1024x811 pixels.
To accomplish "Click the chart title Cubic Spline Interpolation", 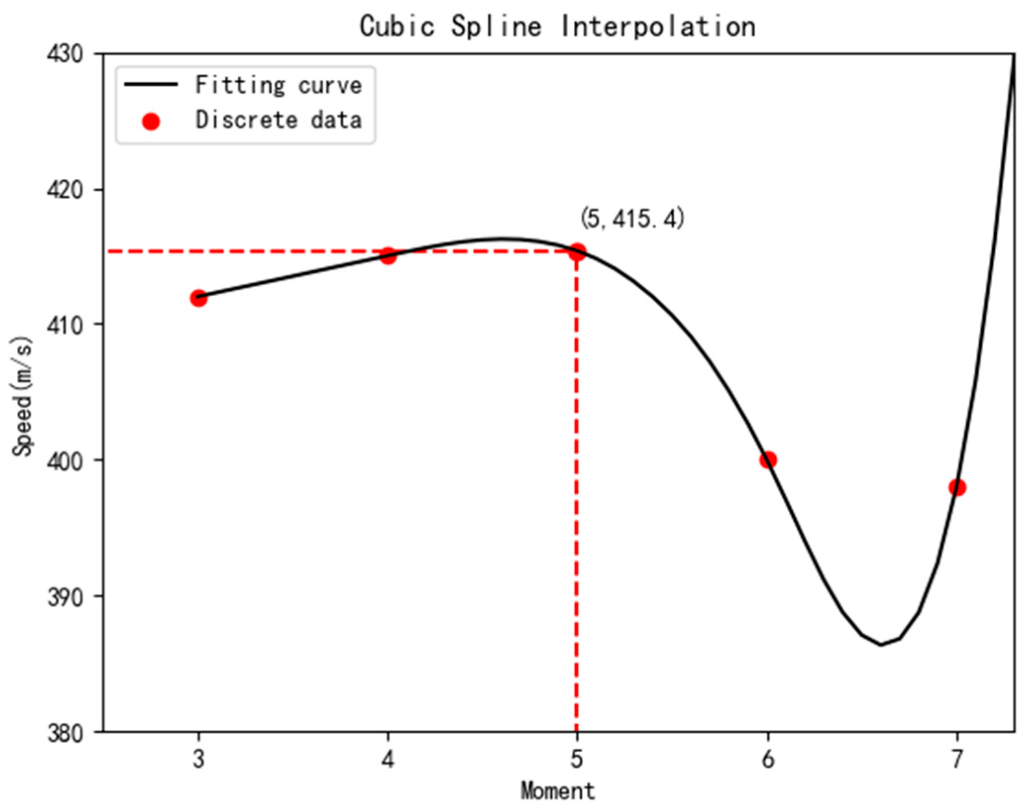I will [x=557, y=26].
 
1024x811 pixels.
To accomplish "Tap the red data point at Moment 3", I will [x=199, y=298].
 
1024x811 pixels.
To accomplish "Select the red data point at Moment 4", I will [x=388, y=256].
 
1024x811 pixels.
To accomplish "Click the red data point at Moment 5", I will [x=577, y=252].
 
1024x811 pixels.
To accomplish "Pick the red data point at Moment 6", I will [x=768, y=460].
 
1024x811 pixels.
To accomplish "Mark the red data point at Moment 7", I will [x=957, y=487].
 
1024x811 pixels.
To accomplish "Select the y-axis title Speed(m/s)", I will [x=23, y=396].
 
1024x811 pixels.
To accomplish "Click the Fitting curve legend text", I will [x=278, y=85].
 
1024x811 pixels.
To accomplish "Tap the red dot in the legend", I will [x=151, y=121].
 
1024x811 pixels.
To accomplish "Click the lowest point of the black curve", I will [x=881, y=645].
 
